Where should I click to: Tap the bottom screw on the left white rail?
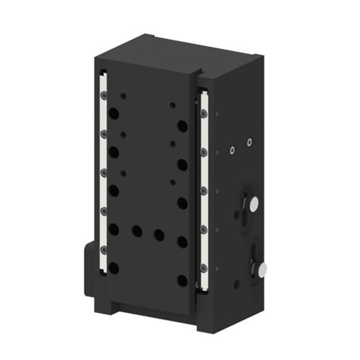tap(103, 248)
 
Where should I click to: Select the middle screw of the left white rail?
tap(103, 172)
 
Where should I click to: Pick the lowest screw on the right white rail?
tap(204, 268)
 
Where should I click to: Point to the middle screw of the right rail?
tap(204, 191)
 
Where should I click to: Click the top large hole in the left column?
tap(114, 113)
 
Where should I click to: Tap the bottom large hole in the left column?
tap(114, 268)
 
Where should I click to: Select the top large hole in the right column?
tap(182, 126)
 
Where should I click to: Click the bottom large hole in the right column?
tap(182, 280)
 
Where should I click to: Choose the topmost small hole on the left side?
tap(123, 96)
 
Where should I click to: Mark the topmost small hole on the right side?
tap(173, 105)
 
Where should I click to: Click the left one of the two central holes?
tap(137, 231)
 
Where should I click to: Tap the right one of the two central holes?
tap(159, 235)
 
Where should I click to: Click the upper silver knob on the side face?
tap(254, 204)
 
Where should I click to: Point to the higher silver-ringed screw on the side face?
tap(249, 142)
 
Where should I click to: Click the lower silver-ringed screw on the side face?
tap(231, 150)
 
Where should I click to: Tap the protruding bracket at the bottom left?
tap(90, 270)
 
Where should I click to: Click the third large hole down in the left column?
tap(114, 191)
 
